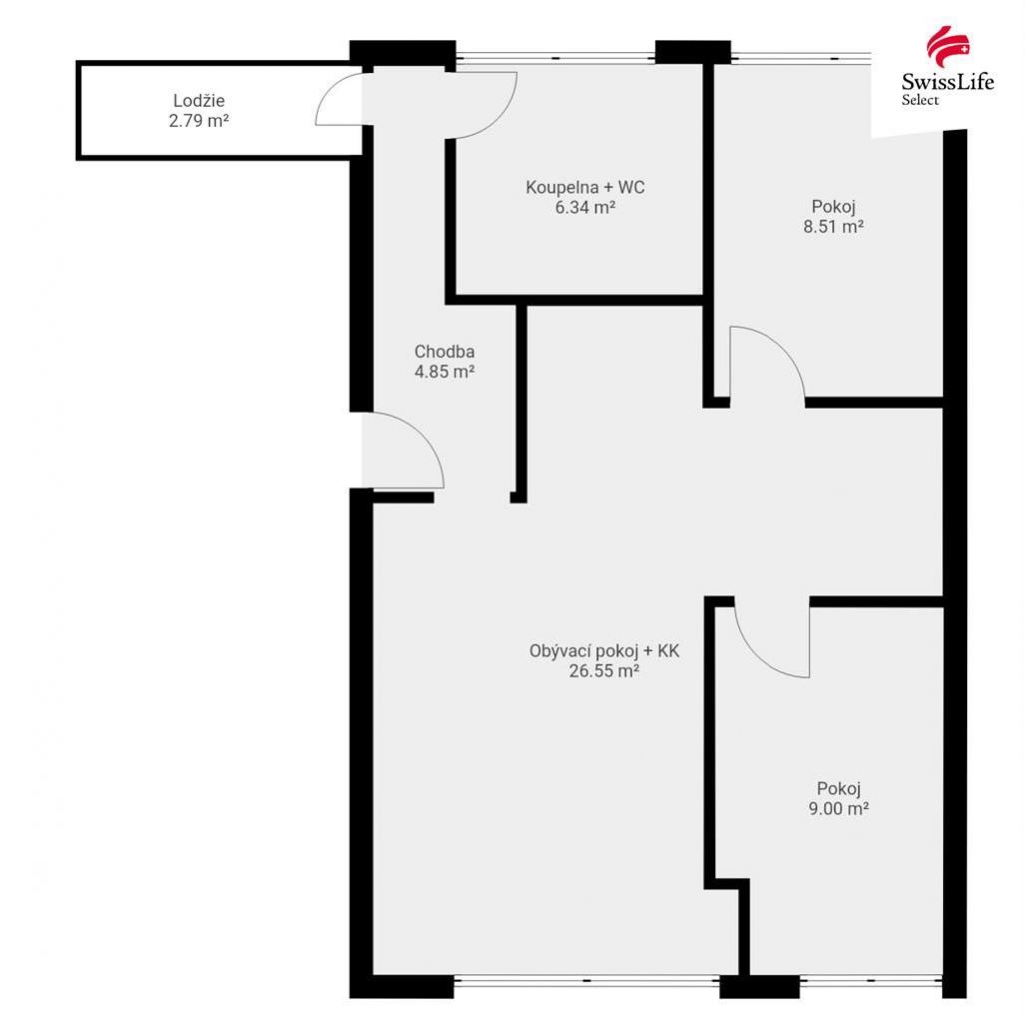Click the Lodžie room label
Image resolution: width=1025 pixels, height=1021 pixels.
(198, 101)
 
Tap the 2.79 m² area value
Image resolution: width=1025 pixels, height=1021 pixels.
(198, 121)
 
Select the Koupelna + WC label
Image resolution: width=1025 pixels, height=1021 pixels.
(585, 187)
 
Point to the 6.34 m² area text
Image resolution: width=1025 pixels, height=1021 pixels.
(585, 208)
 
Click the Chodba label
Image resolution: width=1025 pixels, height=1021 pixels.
(444, 351)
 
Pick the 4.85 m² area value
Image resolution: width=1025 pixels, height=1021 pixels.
(444, 372)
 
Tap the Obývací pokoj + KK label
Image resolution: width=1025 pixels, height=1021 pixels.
(604, 651)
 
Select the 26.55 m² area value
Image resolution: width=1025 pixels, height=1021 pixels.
(604, 671)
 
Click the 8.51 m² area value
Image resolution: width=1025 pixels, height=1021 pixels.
(834, 227)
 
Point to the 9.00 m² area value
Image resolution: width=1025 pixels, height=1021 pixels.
(839, 809)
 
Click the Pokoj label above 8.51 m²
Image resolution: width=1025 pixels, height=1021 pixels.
(834, 207)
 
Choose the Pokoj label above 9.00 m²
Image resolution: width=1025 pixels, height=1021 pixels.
(839, 789)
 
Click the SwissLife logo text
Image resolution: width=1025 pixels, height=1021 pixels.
(948, 82)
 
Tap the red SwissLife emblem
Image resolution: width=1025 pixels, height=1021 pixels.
(948, 46)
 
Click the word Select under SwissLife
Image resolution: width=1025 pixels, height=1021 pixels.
(920, 100)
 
